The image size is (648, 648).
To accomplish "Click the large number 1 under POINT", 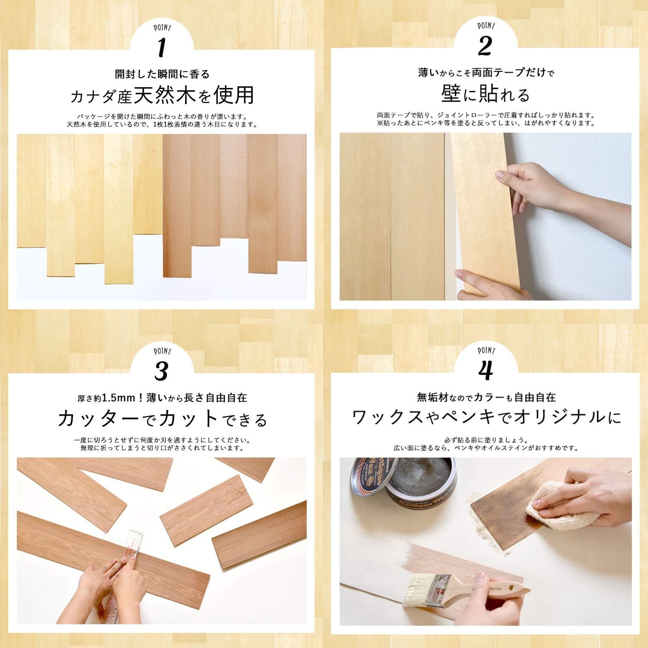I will point(162,48).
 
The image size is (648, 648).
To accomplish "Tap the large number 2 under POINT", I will point(485,46).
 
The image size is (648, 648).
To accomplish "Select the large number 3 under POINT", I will point(161,371).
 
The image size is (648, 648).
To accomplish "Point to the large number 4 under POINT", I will point(486,370).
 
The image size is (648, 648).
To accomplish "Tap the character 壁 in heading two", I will point(451,94).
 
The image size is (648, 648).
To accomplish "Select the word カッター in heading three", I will point(98,419).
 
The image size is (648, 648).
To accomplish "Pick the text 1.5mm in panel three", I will point(118,397).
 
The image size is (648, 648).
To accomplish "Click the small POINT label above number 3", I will point(162,351).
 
